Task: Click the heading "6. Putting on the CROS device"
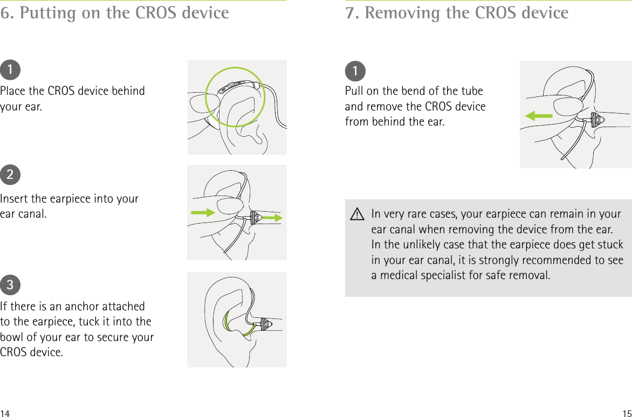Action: coord(114,12)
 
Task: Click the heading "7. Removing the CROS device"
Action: coord(457,12)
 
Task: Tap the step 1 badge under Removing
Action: coord(355,71)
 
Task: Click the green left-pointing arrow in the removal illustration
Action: coord(539,115)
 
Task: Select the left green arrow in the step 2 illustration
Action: coord(203,212)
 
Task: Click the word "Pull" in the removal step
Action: coord(354,91)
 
